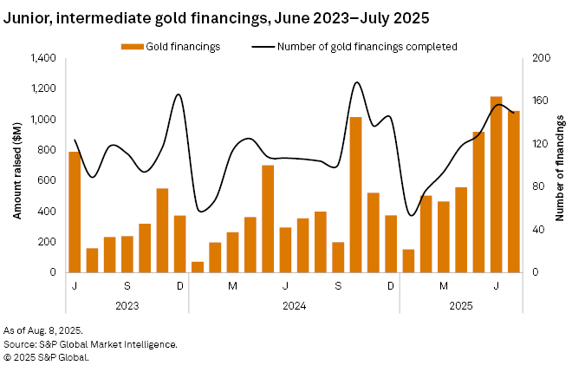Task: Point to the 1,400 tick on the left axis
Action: point(44,58)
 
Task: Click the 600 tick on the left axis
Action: point(49,180)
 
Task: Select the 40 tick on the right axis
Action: point(536,230)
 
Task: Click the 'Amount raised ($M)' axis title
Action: point(16,165)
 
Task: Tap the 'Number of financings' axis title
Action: point(560,165)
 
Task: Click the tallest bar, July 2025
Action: point(497,184)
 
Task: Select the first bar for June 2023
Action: point(75,212)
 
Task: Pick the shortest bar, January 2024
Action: point(198,267)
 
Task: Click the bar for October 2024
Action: point(355,194)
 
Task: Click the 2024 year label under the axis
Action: point(294,305)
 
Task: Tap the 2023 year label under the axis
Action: point(127,305)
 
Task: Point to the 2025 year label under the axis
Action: point(461,305)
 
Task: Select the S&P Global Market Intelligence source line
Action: point(91,344)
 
